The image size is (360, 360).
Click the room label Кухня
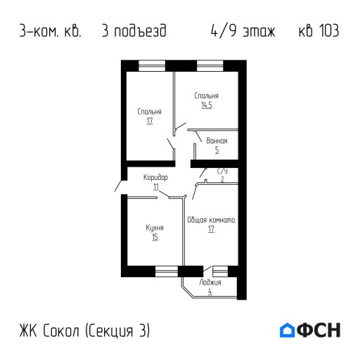[155, 229]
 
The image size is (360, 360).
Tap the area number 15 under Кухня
[155, 238]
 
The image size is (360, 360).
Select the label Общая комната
[211, 220]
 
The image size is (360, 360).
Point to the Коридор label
[155, 178]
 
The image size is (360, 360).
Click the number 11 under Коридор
[155, 186]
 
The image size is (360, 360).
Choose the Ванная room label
[217, 141]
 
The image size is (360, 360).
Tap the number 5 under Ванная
[217, 150]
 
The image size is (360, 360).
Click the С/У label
[222, 171]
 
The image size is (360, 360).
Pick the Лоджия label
[210, 282]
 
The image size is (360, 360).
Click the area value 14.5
[206, 105]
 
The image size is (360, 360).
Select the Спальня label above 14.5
[206, 96]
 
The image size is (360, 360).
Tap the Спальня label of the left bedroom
[150, 112]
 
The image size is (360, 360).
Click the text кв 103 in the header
[316, 32]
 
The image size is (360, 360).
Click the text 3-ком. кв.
[51, 32]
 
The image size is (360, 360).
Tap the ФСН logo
[310, 330]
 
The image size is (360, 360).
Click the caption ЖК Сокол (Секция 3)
[84, 330]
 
